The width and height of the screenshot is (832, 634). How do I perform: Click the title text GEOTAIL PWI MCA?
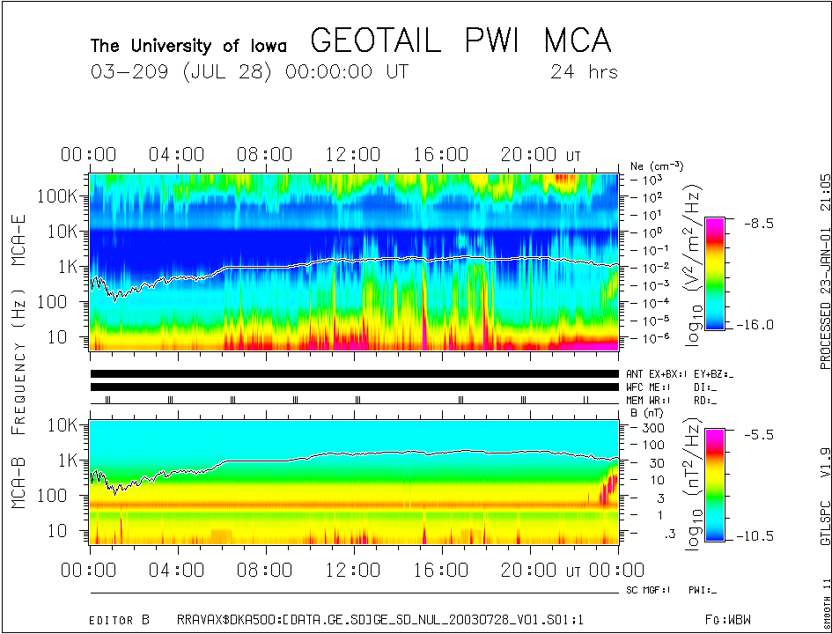point(460,41)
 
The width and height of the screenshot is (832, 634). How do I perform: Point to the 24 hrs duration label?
point(584,72)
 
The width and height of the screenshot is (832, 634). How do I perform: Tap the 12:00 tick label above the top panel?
point(353,155)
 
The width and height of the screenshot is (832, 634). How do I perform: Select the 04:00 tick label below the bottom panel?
point(178,571)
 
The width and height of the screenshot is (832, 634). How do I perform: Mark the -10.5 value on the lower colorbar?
point(758,535)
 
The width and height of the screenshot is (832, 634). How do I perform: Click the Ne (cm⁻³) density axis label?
point(657,166)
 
